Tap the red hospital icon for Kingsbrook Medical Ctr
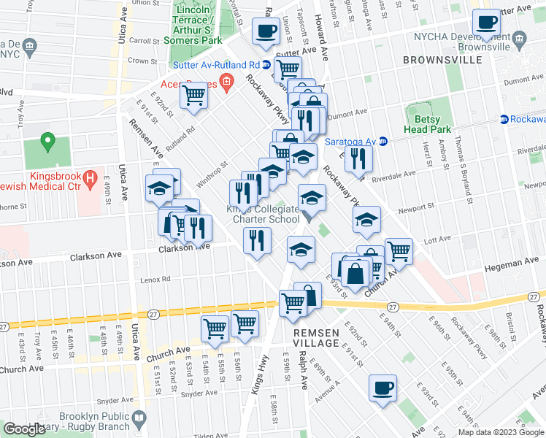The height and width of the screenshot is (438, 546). click(90, 177)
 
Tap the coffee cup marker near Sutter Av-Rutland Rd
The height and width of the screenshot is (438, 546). click(266, 31)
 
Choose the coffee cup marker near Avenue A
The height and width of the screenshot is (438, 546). click(382, 387)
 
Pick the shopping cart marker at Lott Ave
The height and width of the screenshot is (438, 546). click(399, 250)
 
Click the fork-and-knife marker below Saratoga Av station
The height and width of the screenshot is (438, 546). click(358, 158)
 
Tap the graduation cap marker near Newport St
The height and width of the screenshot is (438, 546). click(366, 218)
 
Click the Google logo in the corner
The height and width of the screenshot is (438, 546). click(24, 429)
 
